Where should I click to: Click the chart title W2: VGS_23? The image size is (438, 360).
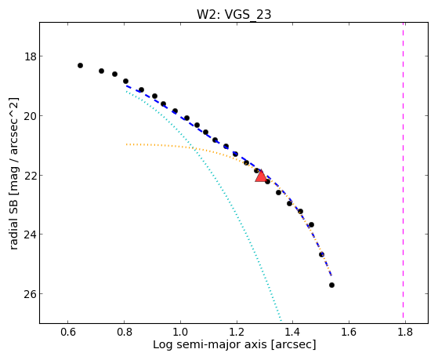[233, 14]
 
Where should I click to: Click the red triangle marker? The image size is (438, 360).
[261, 176]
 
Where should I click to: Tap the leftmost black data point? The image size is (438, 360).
[80, 65]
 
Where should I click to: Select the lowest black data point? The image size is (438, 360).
[331, 285]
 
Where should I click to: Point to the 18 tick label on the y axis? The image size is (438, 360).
[30, 56]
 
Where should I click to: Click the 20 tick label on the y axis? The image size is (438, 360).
[30, 116]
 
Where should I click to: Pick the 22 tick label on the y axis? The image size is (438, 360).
[30, 176]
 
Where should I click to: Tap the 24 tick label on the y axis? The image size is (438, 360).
[30, 235]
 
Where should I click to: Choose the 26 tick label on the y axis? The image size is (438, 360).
[30, 294]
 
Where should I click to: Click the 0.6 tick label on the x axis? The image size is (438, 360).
[68, 332]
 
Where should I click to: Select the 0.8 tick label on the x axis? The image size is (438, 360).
[124, 332]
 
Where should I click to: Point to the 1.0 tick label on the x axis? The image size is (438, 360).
[180, 332]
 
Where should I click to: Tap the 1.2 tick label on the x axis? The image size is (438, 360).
[237, 332]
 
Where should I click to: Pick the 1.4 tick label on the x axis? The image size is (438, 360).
[292, 332]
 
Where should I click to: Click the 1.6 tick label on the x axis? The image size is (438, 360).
[349, 332]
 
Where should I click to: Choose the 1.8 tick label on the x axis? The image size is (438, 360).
[405, 332]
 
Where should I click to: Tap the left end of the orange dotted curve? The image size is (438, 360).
[126, 144]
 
